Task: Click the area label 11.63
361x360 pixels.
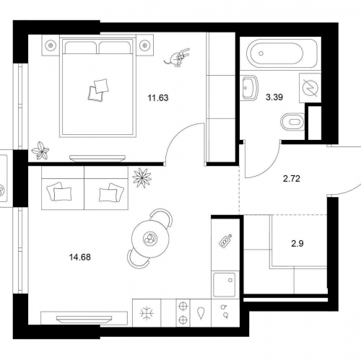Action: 158,98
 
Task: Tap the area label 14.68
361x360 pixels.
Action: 80,258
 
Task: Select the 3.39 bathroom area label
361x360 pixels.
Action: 274,97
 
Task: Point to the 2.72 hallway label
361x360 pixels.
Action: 292,179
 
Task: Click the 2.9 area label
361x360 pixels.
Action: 297,244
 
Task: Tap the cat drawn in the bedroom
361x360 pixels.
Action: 178,57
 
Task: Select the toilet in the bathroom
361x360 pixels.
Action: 292,122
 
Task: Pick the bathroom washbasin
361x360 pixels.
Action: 250,87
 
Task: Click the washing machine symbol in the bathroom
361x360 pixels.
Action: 310,88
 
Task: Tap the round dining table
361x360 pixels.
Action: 150,239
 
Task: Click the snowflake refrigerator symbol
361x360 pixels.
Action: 147,313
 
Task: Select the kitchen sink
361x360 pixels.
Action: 225,284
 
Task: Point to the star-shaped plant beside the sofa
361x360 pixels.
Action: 142,177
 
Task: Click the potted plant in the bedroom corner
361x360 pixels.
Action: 40,151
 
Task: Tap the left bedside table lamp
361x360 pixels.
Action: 51,45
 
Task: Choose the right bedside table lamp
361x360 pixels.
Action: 145,45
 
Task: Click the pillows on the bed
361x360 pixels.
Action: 98,89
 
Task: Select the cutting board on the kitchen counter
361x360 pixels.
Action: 225,241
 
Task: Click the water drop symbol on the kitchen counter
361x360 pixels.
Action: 201,313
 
